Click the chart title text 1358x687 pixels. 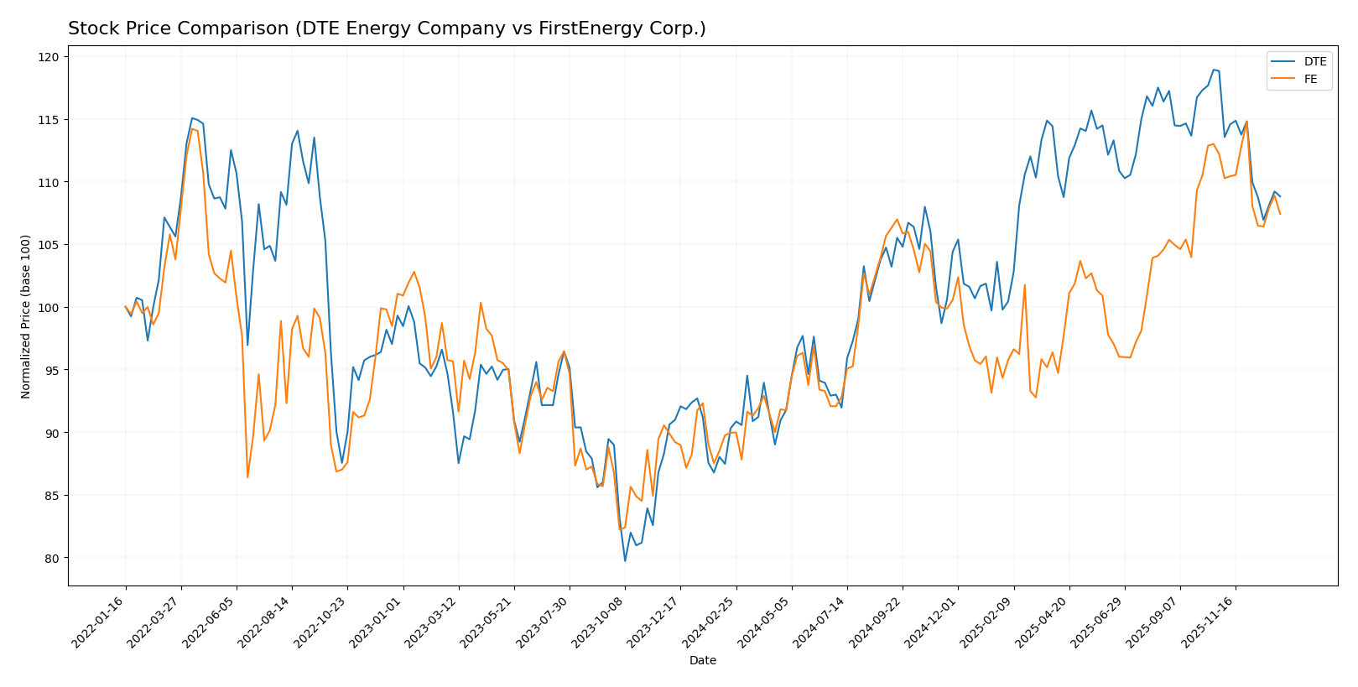pos(387,29)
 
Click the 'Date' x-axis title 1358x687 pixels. pos(702,661)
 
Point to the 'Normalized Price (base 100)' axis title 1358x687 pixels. pos(26,316)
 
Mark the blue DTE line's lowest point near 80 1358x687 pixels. pos(625,560)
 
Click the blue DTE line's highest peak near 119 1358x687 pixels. pos(1214,70)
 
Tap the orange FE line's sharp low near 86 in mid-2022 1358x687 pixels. pos(247,477)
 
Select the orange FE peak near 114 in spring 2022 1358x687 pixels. pos(192,128)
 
